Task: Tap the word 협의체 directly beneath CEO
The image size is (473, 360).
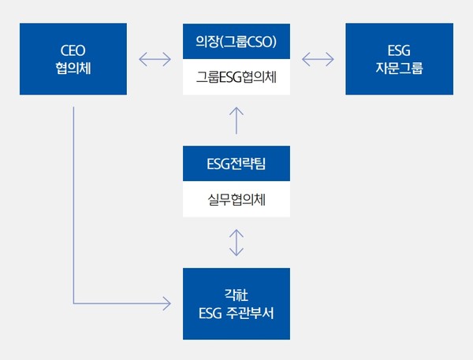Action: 73,68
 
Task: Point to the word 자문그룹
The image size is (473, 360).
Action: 400,68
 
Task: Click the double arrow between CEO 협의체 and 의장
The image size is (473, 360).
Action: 155,59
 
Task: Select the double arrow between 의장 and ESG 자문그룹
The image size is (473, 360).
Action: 318,59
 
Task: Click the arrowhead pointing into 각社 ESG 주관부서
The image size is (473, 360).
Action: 166,302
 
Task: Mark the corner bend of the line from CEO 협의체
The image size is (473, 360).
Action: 73,302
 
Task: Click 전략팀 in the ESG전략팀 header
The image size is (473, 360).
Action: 248,163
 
